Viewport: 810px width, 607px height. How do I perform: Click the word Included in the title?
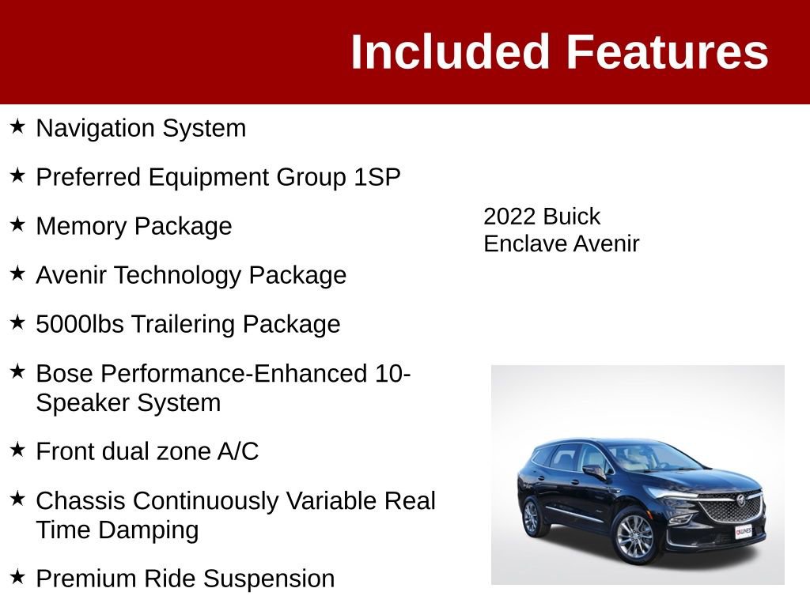point(449,52)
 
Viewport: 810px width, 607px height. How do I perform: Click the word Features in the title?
point(667,52)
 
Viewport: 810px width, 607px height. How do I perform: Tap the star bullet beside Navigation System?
point(17,126)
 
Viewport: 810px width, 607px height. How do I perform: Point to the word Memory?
point(82,226)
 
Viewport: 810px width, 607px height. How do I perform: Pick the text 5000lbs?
point(79,324)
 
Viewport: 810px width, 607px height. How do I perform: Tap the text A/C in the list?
point(238,451)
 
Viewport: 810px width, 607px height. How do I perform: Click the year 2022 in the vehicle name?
point(509,217)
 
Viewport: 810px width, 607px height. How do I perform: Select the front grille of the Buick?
point(732,508)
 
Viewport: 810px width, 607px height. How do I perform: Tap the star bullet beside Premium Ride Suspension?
point(17,577)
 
